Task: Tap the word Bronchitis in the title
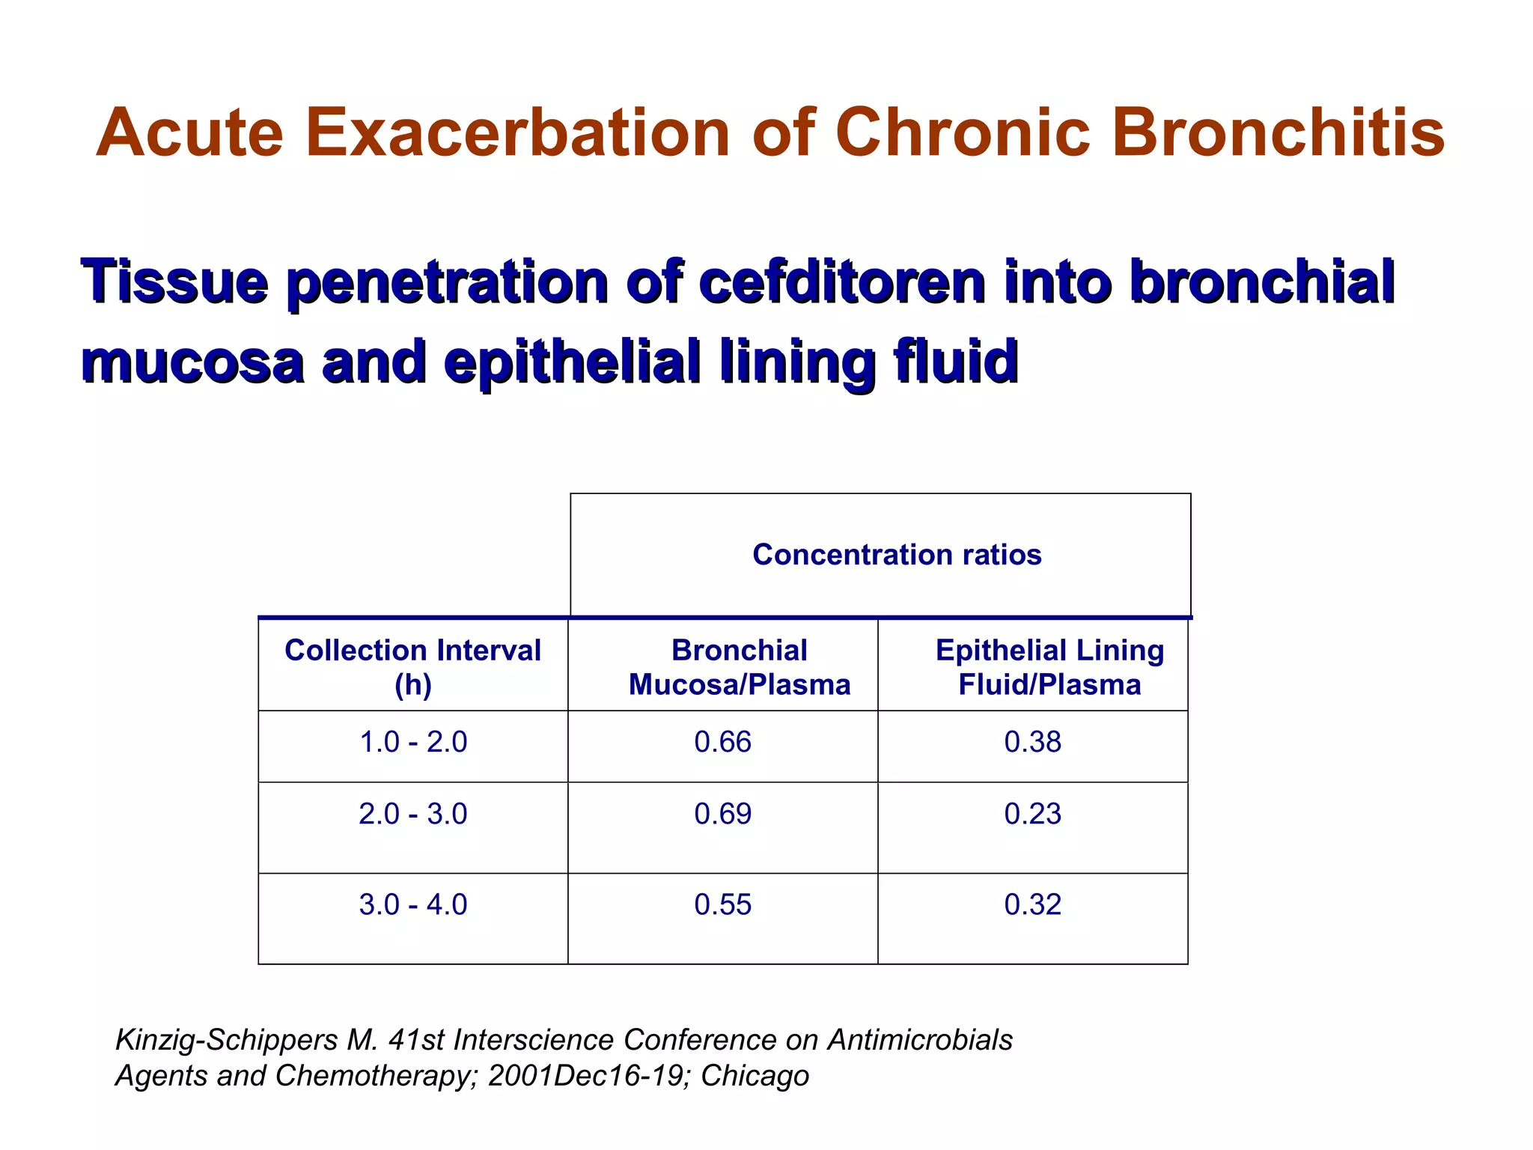tap(1278, 133)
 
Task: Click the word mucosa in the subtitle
tap(192, 362)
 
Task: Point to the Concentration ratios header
tap(896, 555)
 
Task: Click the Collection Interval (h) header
tap(412, 666)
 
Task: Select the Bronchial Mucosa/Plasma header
tap(739, 666)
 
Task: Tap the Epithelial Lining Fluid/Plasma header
tap(1049, 666)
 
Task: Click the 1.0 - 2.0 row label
tap(412, 742)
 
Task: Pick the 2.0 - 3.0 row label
tap(412, 814)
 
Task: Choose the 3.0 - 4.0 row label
tap(412, 904)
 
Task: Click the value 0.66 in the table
tap(722, 742)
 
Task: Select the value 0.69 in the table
tap(722, 814)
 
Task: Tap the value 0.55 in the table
tap(722, 904)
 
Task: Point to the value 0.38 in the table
tap(1032, 742)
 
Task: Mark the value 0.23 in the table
tap(1032, 814)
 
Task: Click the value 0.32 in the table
tap(1032, 904)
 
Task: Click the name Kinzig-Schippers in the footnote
tap(226, 1041)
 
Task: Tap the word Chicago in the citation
tap(755, 1076)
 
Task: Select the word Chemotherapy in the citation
tap(375, 1076)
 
